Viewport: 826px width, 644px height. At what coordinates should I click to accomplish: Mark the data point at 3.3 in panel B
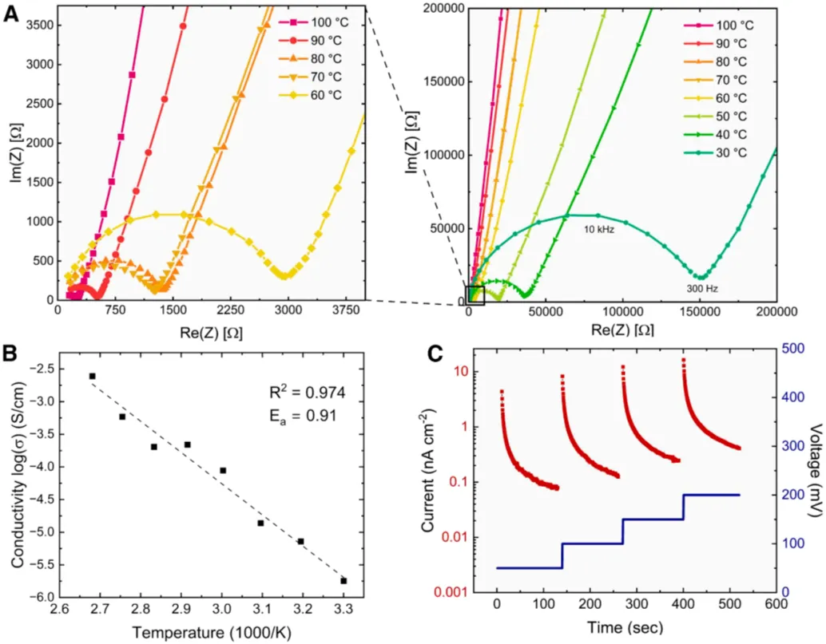point(344,580)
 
